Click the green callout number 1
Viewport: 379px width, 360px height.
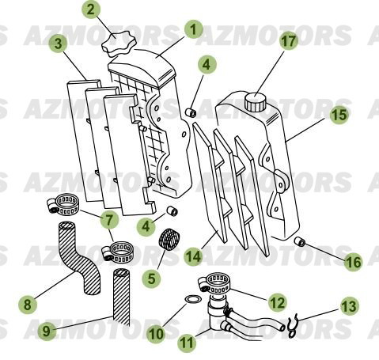coord(191,30)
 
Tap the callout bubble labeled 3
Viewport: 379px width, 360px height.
coord(55,43)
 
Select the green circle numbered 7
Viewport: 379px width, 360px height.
coord(108,217)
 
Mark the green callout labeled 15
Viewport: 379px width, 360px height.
coord(339,115)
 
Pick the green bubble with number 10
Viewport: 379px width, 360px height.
coord(156,334)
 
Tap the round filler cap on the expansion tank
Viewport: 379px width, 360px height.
coord(256,101)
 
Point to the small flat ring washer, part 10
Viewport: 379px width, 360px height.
coord(191,301)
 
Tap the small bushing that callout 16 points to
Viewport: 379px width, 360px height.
coord(300,241)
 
